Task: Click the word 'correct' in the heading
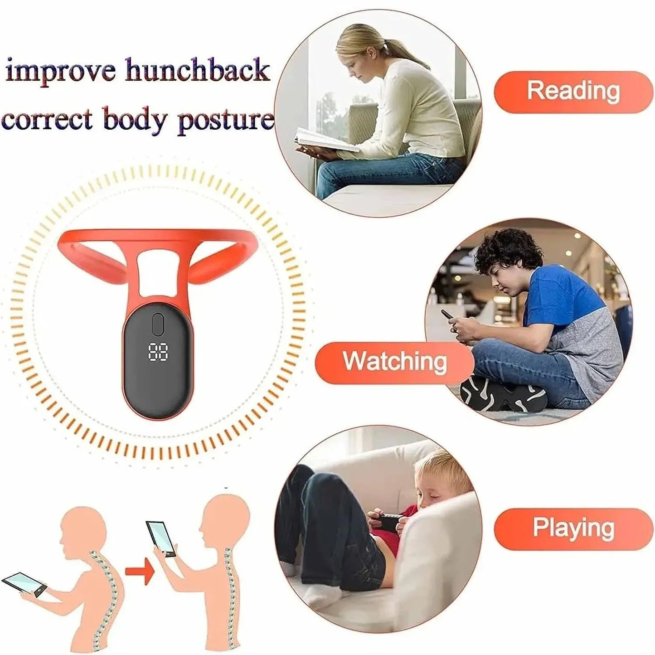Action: pyautogui.click(x=47, y=119)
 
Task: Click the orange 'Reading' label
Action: pyautogui.click(x=573, y=92)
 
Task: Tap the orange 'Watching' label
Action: pyautogui.click(x=394, y=362)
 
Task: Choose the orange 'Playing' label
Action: pyautogui.click(x=573, y=529)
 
